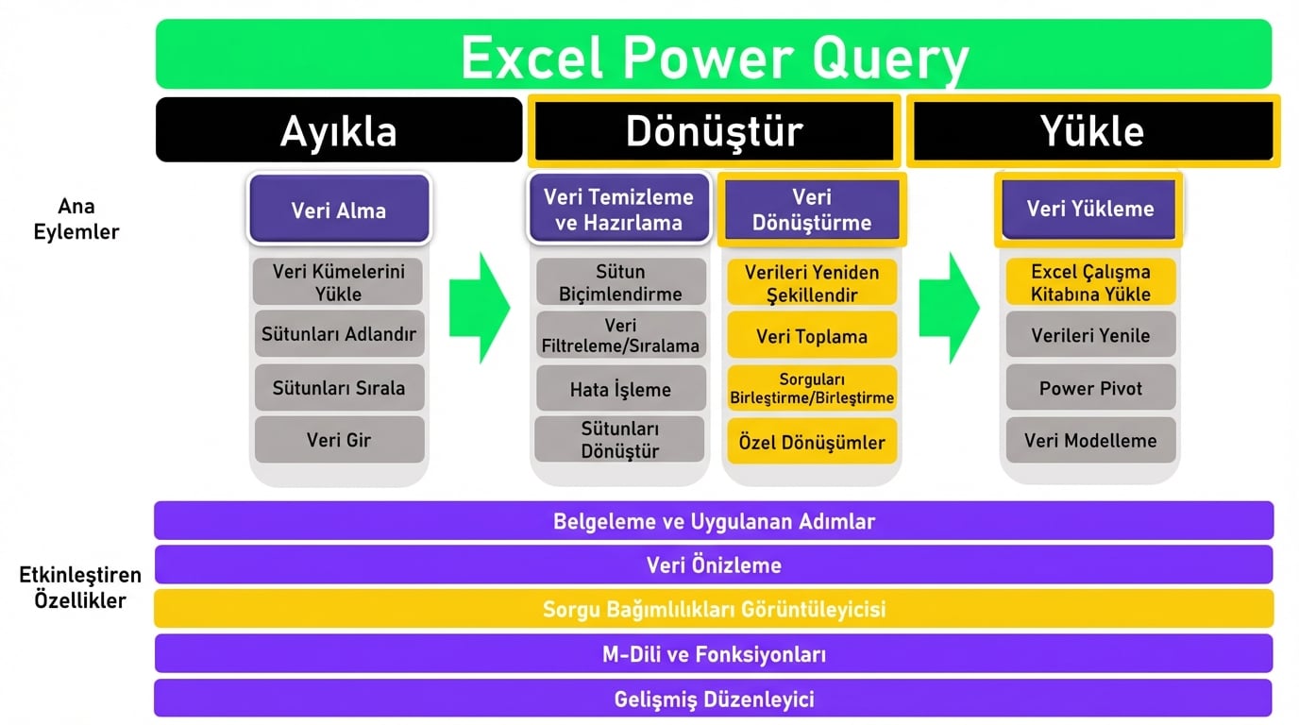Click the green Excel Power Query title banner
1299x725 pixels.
tap(714, 54)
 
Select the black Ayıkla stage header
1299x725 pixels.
tap(339, 130)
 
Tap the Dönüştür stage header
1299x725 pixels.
tap(714, 131)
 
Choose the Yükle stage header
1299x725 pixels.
tap(1092, 131)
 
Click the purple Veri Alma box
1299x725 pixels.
tap(339, 209)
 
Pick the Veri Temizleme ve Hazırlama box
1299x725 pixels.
tap(618, 209)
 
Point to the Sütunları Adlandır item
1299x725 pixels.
tap(339, 334)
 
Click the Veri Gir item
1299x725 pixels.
tap(339, 440)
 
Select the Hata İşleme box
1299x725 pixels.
tap(620, 388)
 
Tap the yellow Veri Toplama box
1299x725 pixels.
tap(812, 335)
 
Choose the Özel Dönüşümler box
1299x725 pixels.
tap(812, 442)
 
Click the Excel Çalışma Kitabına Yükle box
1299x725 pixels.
tap(1090, 282)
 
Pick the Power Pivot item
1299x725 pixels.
tap(1090, 387)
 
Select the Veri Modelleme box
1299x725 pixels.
tap(1090, 440)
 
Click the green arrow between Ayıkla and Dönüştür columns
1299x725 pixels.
tap(480, 308)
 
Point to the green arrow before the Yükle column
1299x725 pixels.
tap(950, 308)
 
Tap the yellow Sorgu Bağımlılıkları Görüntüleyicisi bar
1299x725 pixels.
tap(714, 609)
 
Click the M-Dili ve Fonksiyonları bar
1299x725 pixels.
tap(714, 653)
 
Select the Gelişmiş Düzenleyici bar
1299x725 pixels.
tap(714, 699)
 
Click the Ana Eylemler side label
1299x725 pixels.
tap(76, 219)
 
